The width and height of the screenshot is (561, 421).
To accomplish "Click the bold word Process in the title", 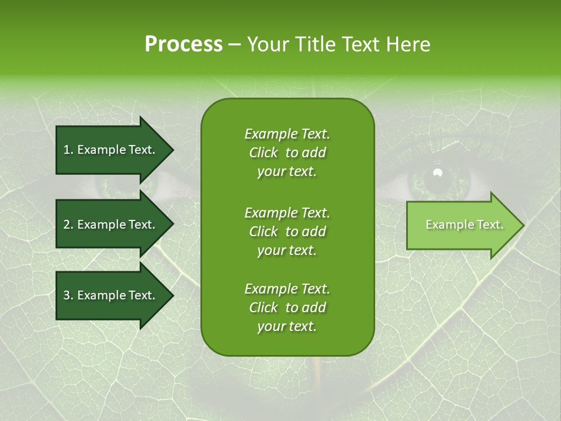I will tap(183, 44).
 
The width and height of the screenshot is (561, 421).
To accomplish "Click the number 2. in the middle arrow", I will tap(68, 225).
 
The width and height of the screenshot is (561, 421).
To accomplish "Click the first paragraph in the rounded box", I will tap(287, 153).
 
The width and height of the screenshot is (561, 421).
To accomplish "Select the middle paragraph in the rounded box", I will tap(287, 231).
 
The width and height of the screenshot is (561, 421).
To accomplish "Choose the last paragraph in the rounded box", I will tap(287, 308).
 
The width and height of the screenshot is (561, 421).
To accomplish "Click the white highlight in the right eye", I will tap(437, 172).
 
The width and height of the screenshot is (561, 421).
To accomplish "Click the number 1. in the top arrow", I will tap(68, 150).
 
